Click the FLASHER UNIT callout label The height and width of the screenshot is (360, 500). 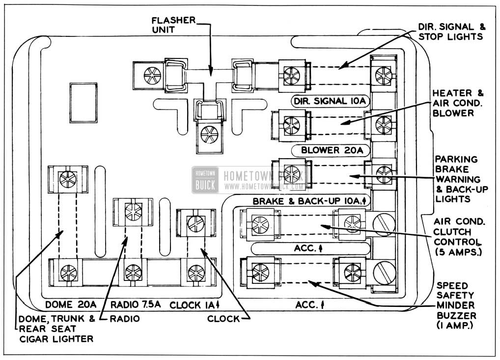pos(173,25)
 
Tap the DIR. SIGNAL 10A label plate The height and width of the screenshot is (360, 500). pos(330,101)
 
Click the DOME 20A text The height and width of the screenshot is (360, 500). pos(70,305)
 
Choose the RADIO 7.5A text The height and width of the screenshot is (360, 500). pos(136,305)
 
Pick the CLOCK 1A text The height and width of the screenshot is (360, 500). pos(194,305)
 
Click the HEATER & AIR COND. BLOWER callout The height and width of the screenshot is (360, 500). pos(458,103)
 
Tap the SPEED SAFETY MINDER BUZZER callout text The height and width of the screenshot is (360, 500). pos(456,305)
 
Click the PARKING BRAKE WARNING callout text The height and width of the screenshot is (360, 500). pos(461,179)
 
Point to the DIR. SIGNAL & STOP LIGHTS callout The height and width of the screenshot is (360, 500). pos(451,31)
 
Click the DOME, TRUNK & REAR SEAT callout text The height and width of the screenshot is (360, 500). pos(56,329)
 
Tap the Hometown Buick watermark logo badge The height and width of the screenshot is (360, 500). pos(205,180)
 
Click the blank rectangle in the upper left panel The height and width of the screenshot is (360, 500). pos(83,103)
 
